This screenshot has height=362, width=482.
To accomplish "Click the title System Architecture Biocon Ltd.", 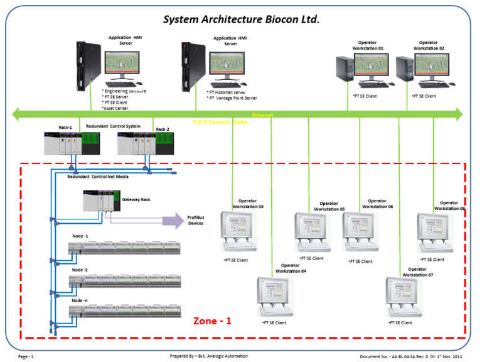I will pos(242,19).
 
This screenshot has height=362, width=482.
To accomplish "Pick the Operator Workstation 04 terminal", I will pos(275,298).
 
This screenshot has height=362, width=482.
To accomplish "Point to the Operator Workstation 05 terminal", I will pos(313,233).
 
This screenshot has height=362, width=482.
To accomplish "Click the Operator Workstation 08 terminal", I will pos(435,233).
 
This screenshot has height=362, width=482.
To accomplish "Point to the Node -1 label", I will pos(80,236).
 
